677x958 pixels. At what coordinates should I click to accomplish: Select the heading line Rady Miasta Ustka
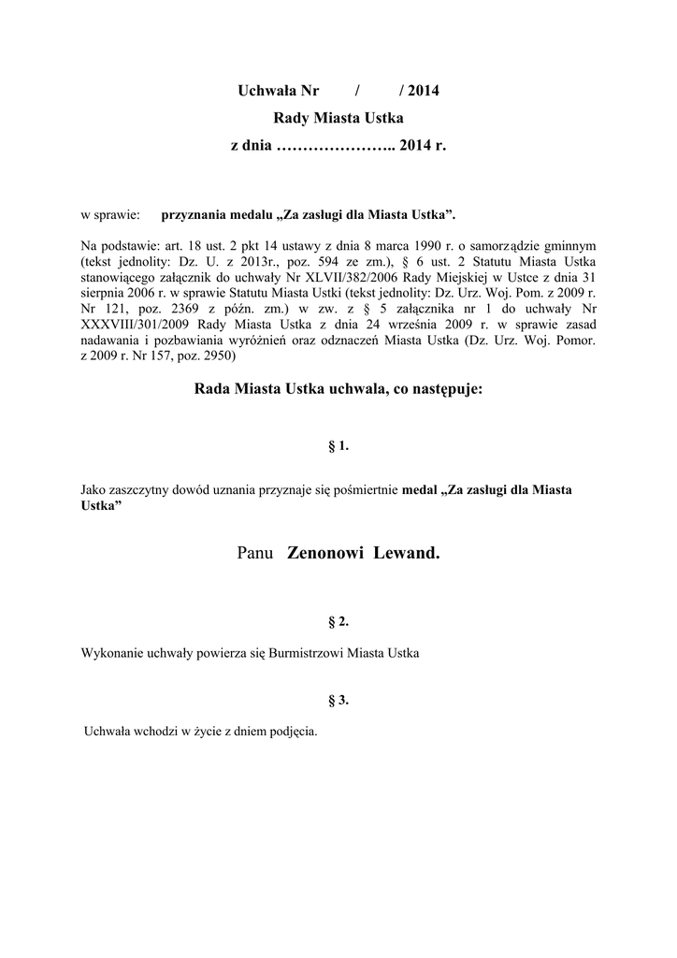pos(338,118)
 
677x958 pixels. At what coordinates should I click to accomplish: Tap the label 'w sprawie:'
pos(109,216)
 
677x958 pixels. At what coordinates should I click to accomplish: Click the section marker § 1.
pos(338,445)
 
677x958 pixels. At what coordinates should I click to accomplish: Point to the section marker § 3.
pos(338,700)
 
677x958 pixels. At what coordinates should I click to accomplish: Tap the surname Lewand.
pos(406,553)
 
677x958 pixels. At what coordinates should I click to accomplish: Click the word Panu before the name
pos(256,553)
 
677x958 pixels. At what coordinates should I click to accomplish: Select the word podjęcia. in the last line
pos(293,732)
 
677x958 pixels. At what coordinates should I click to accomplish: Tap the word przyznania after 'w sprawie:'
pos(200,216)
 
